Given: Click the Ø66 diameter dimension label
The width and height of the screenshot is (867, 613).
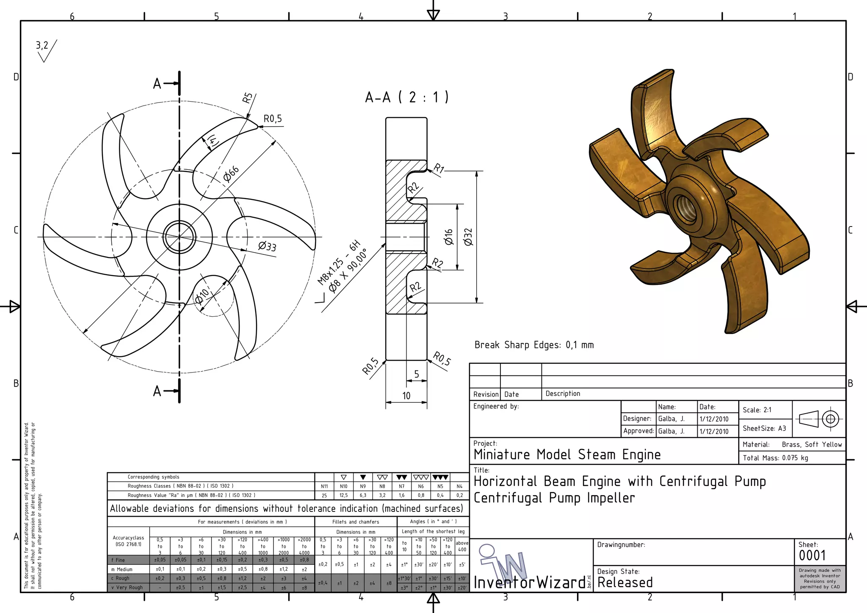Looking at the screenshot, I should pyautogui.click(x=231, y=174).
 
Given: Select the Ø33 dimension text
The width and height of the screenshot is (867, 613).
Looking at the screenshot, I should pyautogui.click(x=267, y=246).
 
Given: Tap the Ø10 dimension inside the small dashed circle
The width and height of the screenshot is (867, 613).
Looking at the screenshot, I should pyautogui.click(x=202, y=296).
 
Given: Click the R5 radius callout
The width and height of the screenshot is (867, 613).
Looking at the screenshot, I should pyautogui.click(x=247, y=98).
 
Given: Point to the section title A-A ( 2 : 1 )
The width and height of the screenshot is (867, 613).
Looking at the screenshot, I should pyautogui.click(x=406, y=97).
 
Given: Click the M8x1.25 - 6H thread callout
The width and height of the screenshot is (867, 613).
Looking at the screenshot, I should pyautogui.click(x=339, y=262).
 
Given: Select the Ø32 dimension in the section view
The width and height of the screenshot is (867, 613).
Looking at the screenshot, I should pyautogui.click(x=468, y=237).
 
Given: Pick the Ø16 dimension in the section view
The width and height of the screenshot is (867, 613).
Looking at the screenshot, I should pyautogui.click(x=449, y=237).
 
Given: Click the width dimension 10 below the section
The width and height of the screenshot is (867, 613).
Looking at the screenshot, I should pyautogui.click(x=406, y=395).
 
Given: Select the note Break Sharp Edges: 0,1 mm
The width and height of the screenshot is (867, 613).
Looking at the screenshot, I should pyautogui.click(x=534, y=345).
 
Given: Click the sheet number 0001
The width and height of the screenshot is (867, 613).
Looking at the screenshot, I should pyautogui.click(x=812, y=555).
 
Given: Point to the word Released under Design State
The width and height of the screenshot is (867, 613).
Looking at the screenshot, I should pyautogui.click(x=625, y=583).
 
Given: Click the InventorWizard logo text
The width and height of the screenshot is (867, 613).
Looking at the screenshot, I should pyautogui.click(x=529, y=583).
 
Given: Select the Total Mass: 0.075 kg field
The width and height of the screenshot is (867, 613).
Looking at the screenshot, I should pyautogui.click(x=775, y=458).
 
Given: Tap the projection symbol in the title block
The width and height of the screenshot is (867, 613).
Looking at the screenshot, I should pyautogui.click(x=819, y=419).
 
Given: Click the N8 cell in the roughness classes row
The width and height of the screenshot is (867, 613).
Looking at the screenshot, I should pyautogui.click(x=382, y=486).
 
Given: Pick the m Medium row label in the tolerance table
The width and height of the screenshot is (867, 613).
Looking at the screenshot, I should pyautogui.click(x=122, y=569).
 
